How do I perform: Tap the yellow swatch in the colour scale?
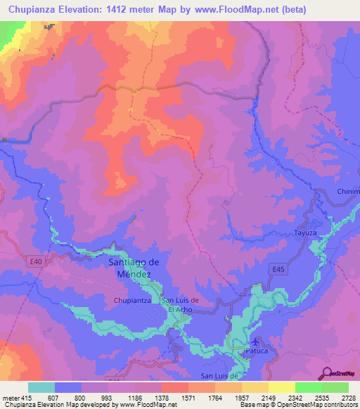pyautogui.click(x=281, y=387)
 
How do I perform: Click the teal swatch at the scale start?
pyautogui.click(x=41, y=387)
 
